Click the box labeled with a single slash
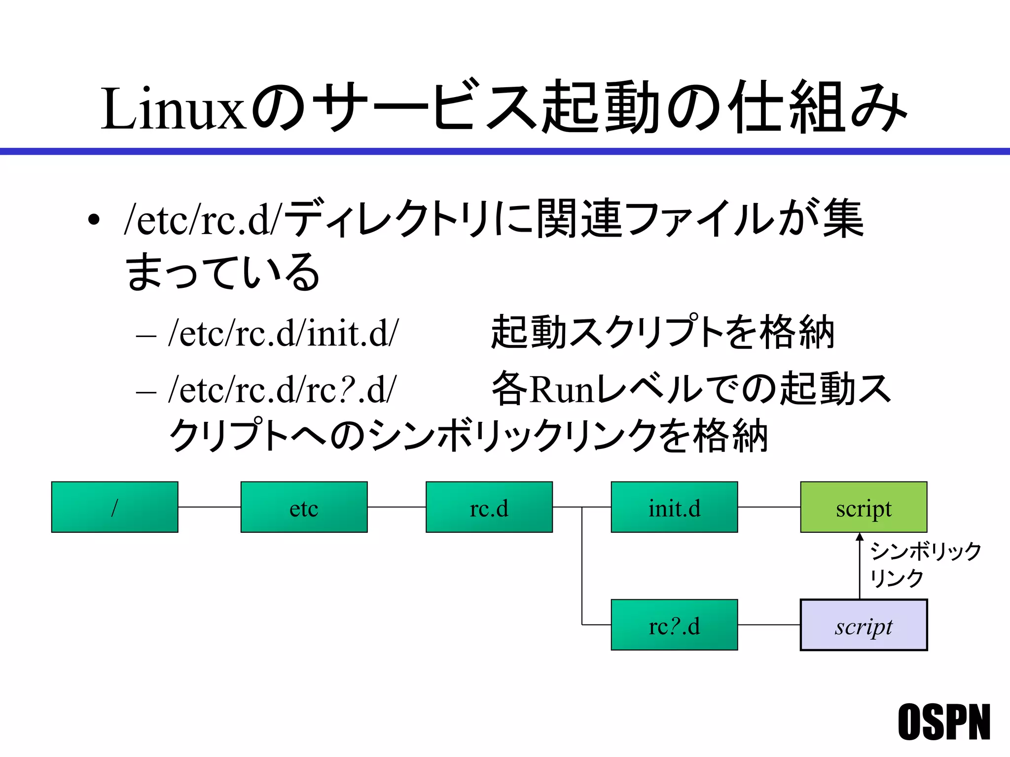pyautogui.click(x=114, y=507)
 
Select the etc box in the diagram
pyautogui.click(x=304, y=507)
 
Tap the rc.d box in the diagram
pyautogui.click(x=489, y=507)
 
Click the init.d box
pyautogui.click(x=674, y=507)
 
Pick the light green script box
pyautogui.click(x=864, y=507)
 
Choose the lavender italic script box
pyautogui.click(x=864, y=625)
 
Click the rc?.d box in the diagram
pyautogui.click(x=674, y=625)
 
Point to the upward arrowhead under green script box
pyautogui.click(x=860, y=537)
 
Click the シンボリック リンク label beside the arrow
pyautogui.click(x=925, y=564)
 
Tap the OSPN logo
pyautogui.click(x=943, y=722)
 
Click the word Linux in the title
pyautogui.click(x=173, y=109)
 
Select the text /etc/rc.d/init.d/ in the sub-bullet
pyautogui.click(x=283, y=333)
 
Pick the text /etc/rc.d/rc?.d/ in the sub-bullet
pyautogui.click(x=282, y=390)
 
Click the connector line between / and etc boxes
pyautogui.click(x=209, y=507)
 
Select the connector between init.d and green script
pyautogui.click(x=769, y=507)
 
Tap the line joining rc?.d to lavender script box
pyautogui.click(x=769, y=625)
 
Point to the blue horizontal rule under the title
pyautogui.click(x=505, y=151)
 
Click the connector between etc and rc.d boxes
pyautogui.click(x=397, y=507)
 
